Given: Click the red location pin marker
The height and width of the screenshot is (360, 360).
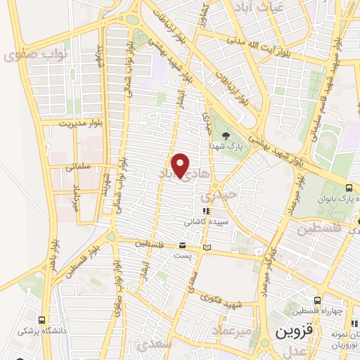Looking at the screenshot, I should pyautogui.click(x=181, y=165).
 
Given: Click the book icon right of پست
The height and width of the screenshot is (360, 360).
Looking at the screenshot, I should pyautogui.click(x=206, y=247).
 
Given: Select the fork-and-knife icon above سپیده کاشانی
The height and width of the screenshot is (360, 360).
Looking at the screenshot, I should pyautogui.click(x=205, y=210).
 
